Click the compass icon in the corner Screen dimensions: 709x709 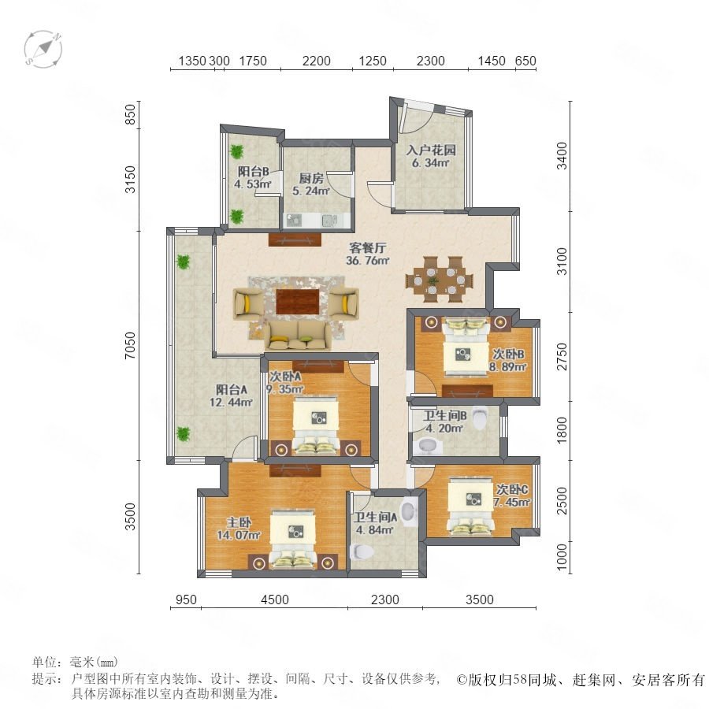[43, 50]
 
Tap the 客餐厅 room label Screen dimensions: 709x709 [368, 248]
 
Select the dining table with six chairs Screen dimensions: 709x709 [439, 279]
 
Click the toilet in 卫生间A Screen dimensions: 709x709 [362, 551]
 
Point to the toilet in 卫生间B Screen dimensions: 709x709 [479, 418]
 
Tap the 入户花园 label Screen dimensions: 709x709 [431, 150]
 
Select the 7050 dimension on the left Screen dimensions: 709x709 [130, 346]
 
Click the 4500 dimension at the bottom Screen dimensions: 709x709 [275, 599]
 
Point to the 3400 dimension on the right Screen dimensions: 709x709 [562, 155]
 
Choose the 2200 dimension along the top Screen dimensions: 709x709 [317, 61]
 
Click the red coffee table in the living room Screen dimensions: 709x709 [297, 301]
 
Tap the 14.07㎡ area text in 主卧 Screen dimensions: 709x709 [239, 536]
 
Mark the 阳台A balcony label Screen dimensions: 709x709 [231, 389]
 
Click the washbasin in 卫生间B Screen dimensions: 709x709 [426, 446]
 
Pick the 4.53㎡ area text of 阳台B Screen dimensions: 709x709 [252, 184]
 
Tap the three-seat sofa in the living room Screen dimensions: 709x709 [298, 336]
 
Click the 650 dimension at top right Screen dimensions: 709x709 [525, 61]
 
